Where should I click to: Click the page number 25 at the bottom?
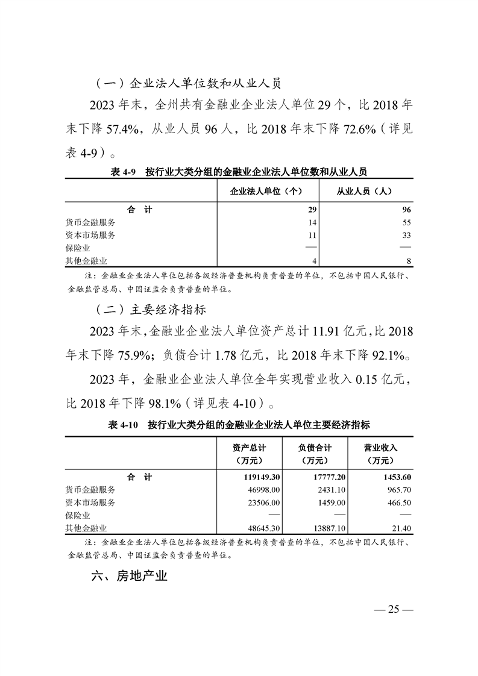394,609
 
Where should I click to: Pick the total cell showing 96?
406,210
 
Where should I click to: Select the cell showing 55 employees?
406,222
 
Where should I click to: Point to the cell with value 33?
406,235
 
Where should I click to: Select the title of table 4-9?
239,172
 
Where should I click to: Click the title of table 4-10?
239,425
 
